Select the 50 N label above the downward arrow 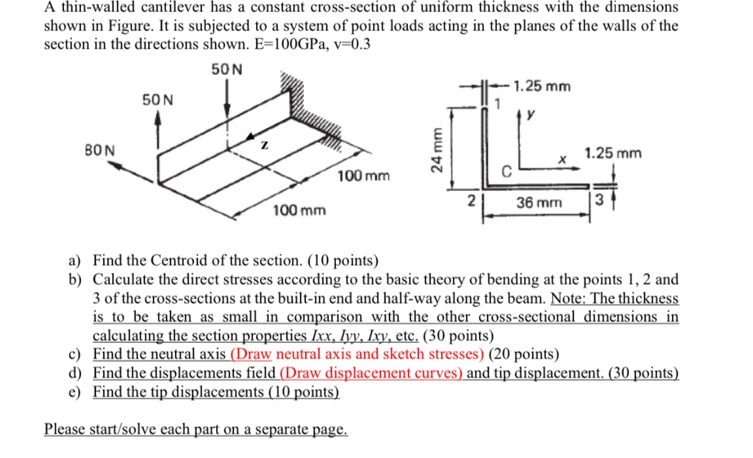point(226,70)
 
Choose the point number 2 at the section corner point(471,201)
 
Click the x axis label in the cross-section point(562,161)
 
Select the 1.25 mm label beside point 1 point(542,87)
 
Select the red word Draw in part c point(253,354)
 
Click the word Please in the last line point(63,428)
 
